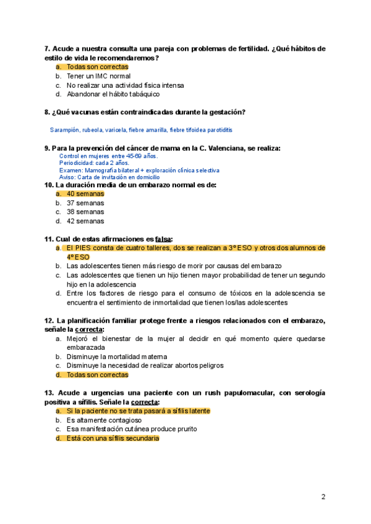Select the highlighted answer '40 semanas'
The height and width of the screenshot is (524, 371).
pyautogui.click(x=85, y=193)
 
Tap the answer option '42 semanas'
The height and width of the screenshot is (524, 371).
pyautogui.click(x=85, y=221)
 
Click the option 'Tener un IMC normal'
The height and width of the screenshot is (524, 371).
pyautogui.click(x=98, y=76)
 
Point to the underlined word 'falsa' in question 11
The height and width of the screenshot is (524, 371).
pyautogui.click(x=163, y=239)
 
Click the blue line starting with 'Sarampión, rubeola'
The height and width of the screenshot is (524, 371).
pyautogui.click(x=141, y=130)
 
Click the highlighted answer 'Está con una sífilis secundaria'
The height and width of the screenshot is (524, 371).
pyautogui.click(x=113, y=438)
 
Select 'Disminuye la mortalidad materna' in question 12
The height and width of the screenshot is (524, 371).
pyautogui.click(x=117, y=357)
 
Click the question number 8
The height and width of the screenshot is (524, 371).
pyautogui.click(x=48, y=112)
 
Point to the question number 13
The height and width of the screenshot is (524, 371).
pyautogui.click(x=49, y=393)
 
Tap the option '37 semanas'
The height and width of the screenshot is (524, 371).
pyautogui.click(x=85, y=203)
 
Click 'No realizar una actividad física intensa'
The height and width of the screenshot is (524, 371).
pyautogui.click(x=125, y=85)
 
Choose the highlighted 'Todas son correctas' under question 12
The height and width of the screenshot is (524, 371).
pyautogui.click(x=97, y=374)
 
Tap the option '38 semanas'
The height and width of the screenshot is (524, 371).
pyautogui.click(x=85, y=211)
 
